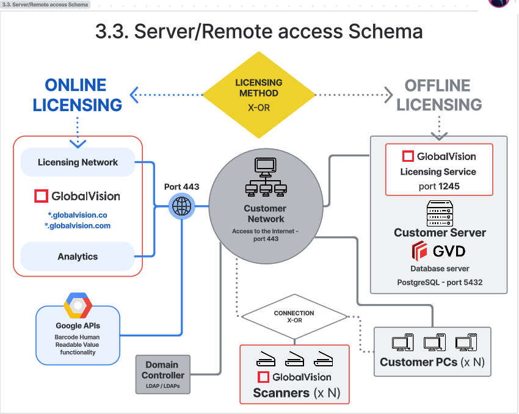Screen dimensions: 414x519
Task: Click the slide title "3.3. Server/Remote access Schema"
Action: click(259, 31)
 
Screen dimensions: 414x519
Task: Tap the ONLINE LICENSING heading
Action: click(77, 95)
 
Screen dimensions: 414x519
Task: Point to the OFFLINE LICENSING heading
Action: click(439, 95)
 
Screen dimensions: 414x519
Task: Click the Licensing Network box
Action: click(78, 162)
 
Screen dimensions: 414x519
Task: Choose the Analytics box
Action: click(78, 256)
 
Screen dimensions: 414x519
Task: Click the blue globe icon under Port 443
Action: click(181, 207)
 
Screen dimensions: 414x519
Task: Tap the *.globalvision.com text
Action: click(78, 226)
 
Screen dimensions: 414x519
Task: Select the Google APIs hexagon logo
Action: click(78, 306)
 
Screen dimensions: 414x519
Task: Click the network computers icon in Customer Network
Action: click(266, 178)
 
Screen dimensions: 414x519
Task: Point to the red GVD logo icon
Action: click(419, 251)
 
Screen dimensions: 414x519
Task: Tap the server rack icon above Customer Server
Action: click(439, 213)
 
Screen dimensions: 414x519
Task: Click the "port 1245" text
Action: click(438, 186)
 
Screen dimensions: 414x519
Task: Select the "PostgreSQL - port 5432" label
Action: click(438, 283)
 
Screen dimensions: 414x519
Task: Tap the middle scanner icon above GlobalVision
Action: click(294, 360)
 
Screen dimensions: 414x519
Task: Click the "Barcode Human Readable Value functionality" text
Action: click(78, 344)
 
